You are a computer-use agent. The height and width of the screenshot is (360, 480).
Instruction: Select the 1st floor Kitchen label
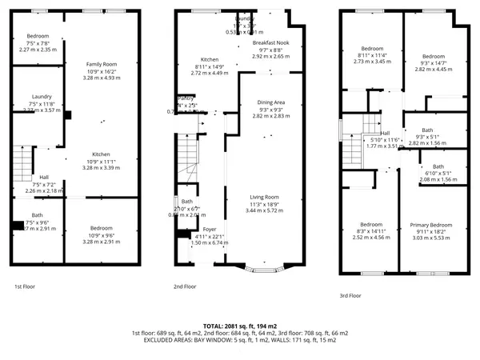(x=102, y=154)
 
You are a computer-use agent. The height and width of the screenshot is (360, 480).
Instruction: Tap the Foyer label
(x=198, y=229)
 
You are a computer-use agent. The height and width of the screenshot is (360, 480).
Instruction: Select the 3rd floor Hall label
(x=385, y=134)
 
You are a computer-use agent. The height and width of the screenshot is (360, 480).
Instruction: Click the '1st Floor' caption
(x=25, y=286)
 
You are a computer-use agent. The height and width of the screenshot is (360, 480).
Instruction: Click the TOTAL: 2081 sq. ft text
(x=239, y=326)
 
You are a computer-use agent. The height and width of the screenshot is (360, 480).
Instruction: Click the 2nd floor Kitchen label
(x=209, y=59)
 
